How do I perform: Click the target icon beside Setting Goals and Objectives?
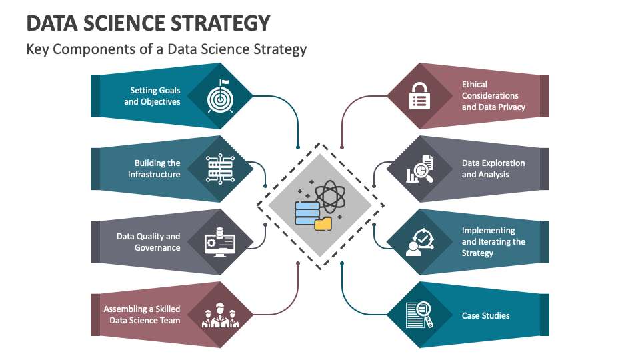tap(220, 97)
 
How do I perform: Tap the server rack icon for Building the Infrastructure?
tap(220, 169)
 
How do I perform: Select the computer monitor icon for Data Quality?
tap(220, 242)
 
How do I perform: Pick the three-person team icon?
tap(220, 315)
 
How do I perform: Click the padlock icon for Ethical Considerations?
tap(419, 96)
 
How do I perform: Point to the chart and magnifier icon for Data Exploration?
tap(420, 169)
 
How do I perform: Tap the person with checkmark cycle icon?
tap(420, 242)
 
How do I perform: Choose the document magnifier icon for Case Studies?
tap(420, 315)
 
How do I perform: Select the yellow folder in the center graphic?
tap(323, 223)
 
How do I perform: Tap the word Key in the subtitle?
tap(38, 49)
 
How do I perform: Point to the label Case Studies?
tap(485, 315)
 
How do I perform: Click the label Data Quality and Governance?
tap(149, 242)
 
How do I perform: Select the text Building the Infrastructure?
tap(154, 169)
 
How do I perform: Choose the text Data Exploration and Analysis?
tap(493, 169)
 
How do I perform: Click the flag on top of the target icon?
tap(224, 83)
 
